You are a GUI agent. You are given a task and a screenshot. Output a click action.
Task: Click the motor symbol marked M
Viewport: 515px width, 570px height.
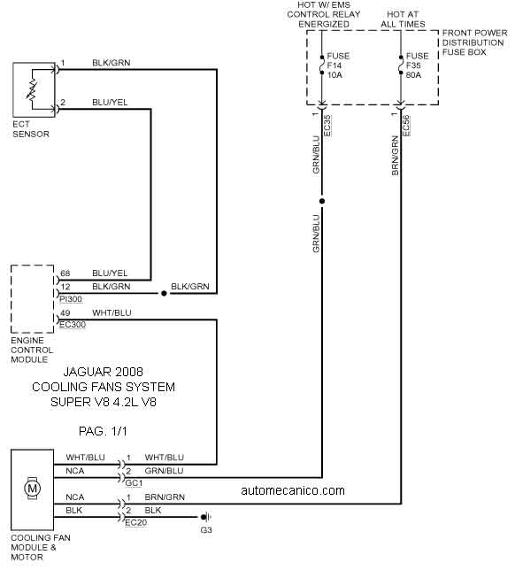click(x=33, y=488)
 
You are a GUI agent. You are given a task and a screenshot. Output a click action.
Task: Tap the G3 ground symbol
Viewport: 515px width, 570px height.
click(x=205, y=517)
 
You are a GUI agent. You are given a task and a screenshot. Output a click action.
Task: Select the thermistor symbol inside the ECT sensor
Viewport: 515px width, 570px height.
click(x=32, y=90)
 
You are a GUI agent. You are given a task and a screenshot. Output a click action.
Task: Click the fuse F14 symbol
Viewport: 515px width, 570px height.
click(x=321, y=65)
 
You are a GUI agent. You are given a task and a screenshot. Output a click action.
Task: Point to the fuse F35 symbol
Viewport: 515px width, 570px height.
click(x=401, y=65)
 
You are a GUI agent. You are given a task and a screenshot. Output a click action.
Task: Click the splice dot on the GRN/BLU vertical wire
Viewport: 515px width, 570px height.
click(x=322, y=201)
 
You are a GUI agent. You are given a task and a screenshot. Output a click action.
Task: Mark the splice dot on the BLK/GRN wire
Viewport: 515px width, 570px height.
click(x=164, y=293)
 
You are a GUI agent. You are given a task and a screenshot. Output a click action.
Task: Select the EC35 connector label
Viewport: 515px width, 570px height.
click(x=327, y=126)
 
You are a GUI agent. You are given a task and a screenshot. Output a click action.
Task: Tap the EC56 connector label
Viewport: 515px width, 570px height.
click(x=406, y=126)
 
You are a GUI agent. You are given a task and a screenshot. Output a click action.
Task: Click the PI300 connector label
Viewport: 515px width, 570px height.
click(x=72, y=299)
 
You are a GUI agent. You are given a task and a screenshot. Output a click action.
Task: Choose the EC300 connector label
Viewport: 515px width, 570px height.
click(x=73, y=325)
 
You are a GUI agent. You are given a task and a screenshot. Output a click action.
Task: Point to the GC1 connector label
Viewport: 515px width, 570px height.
click(x=134, y=483)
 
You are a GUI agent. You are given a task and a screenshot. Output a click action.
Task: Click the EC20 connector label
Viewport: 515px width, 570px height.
click(x=136, y=523)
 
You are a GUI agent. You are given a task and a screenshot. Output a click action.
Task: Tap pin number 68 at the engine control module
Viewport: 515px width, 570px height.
click(x=65, y=273)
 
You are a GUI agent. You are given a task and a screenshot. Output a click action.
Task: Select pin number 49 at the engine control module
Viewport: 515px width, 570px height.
click(x=65, y=313)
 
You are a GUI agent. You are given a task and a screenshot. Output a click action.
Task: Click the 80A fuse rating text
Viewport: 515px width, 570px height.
click(x=413, y=75)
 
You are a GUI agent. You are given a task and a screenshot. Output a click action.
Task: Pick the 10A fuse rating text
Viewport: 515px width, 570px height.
click(x=334, y=75)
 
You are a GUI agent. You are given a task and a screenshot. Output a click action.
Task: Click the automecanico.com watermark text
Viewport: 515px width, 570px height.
click(x=293, y=490)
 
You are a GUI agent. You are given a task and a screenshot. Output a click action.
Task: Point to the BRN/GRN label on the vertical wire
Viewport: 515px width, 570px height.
click(x=395, y=156)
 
